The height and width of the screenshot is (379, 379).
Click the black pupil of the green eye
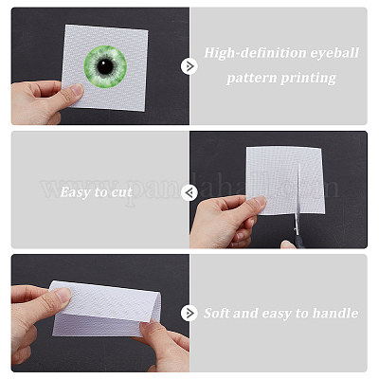(105, 66)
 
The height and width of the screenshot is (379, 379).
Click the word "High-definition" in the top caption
(255, 53)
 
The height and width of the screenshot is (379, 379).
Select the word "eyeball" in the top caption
(334, 53)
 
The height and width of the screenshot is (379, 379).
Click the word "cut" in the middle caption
(122, 192)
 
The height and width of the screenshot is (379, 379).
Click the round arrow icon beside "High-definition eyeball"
(189, 66)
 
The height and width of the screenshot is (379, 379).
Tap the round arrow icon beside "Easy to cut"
(189, 192)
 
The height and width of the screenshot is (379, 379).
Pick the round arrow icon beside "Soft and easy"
(189, 313)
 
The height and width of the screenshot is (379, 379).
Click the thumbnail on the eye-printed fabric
(77, 90)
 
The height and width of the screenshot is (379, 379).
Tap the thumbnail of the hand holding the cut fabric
(260, 201)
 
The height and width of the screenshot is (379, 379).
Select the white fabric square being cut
(285, 180)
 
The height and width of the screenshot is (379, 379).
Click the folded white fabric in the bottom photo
(106, 309)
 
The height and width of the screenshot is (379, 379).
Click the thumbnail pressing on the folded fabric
(63, 296)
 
